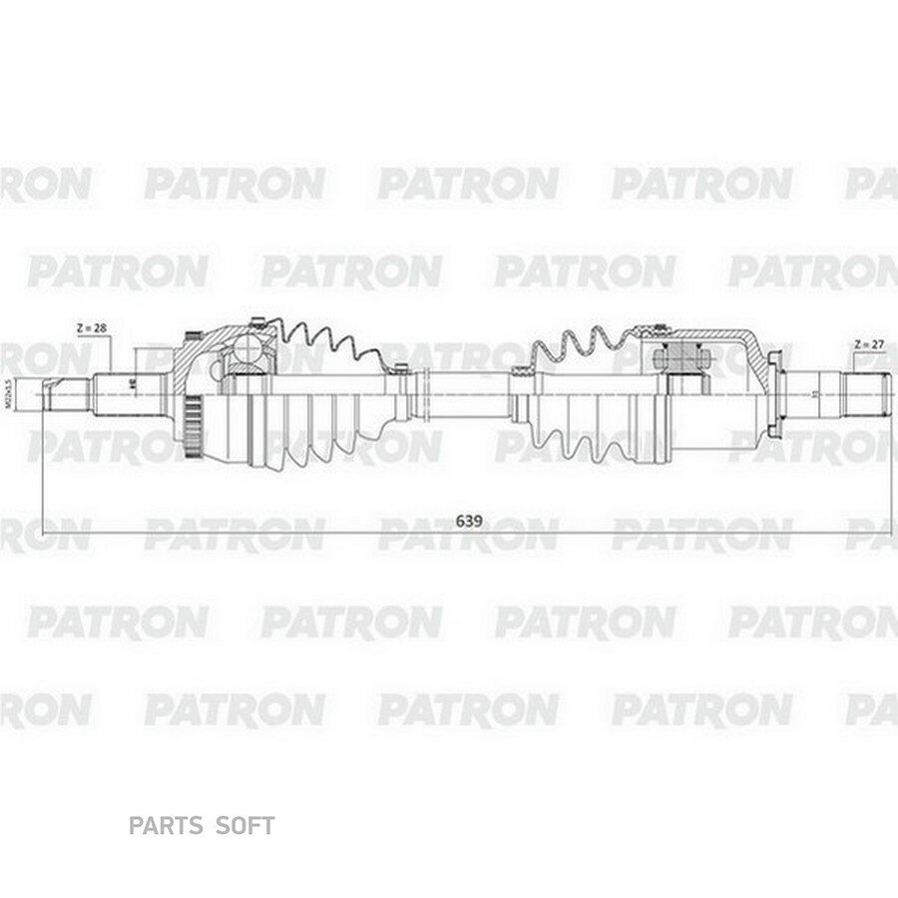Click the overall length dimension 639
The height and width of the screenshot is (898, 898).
pos(464,520)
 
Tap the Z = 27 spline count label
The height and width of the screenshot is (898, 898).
pos(867,344)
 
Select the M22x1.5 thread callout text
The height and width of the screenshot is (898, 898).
pos(9,393)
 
